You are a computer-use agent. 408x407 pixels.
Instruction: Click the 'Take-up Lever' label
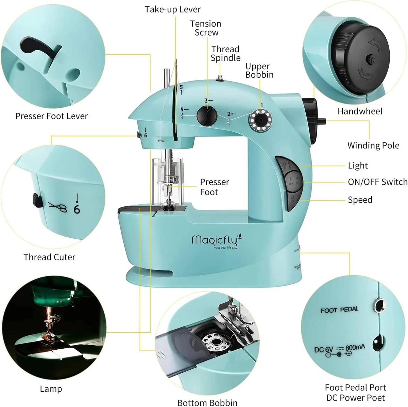point(172,9)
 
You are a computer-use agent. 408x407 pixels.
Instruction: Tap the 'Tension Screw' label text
point(206,28)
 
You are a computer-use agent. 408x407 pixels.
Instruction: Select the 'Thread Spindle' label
point(225,54)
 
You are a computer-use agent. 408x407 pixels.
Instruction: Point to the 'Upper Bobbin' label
point(259,71)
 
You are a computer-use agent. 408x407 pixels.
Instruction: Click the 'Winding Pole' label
point(373,146)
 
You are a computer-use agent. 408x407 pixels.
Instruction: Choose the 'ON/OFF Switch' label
point(377,182)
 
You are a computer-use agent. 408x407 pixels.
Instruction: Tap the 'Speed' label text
point(360,200)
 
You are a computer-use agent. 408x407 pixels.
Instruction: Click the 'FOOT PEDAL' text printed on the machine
point(340,310)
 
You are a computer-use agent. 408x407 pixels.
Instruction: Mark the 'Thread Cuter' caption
point(49,257)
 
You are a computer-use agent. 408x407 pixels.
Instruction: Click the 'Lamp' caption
point(51,389)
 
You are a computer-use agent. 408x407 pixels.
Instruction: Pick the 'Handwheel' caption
point(360,111)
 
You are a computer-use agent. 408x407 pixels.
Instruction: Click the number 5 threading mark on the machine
point(181,87)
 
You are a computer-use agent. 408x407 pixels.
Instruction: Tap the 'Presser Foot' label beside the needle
point(214,187)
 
